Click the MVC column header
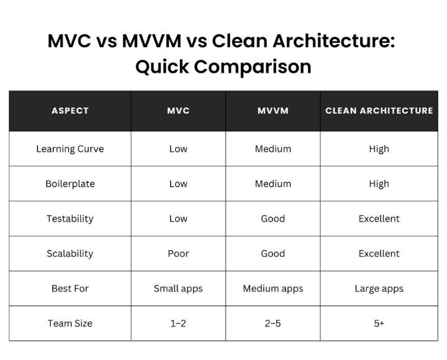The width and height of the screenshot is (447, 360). [x=178, y=110]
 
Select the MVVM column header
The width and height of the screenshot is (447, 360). [x=273, y=110]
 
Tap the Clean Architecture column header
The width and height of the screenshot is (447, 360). [x=379, y=110]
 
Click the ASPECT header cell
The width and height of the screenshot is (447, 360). [x=70, y=110]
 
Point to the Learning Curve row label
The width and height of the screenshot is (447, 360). [x=70, y=149]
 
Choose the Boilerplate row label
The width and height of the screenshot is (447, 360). [x=70, y=184]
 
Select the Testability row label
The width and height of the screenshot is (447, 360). [x=70, y=218]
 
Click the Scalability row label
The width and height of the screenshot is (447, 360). [x=70, y=253]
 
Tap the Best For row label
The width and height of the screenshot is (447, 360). [x=70, y=289]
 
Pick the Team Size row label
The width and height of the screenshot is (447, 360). [x=70, y=323]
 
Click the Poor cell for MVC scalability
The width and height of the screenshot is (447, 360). [x=178, y=253]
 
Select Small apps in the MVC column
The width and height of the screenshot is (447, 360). [x=178, y=289]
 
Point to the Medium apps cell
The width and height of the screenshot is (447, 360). [x=273, y=289]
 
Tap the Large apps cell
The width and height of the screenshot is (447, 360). [x=379, y=289]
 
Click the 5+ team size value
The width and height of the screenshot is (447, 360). [x=379, y=323]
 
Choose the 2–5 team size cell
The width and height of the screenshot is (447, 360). [x=273, y=323]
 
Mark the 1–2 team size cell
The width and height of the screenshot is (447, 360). [x=178, y=323]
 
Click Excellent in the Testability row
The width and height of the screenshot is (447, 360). [x=379, y=218]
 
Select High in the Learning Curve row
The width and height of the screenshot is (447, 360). [x=379, y=149]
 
